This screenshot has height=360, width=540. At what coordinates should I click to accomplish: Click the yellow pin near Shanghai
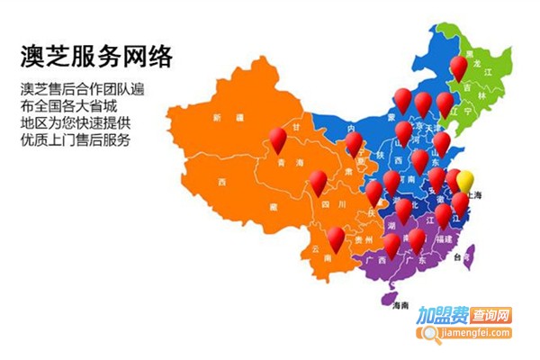[x=465, y=180]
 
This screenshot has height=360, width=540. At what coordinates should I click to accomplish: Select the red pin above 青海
[x=278, y=138]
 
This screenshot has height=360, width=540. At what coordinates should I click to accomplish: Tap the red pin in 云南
[x=336, y=238]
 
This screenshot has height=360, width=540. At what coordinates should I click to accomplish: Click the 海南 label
[x=400, y=306]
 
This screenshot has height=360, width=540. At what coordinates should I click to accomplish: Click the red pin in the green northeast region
[x=459, y=66]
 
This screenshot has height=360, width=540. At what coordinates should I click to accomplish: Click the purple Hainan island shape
[x=390, y=295]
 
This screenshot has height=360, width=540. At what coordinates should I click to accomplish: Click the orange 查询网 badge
[x=491, y=317]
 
